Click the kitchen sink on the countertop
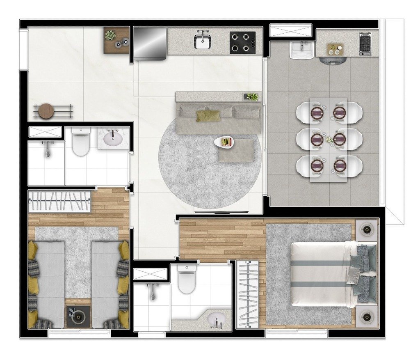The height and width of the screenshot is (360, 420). coord(202,41)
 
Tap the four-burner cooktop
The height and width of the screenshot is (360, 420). coord(242,42)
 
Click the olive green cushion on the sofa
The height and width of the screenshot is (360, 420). coord(208,115)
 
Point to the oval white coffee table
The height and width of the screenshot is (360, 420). coord(225,142)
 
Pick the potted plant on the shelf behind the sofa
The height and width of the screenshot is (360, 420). coord(251,97)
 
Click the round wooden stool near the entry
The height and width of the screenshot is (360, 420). coord(46,111)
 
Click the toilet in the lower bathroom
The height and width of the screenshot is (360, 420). coord(187,279)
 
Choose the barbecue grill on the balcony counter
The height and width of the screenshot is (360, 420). coord(365,44)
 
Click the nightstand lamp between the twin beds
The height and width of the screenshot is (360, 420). coord(78,317)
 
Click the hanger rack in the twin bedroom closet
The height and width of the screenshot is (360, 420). coord(59,202)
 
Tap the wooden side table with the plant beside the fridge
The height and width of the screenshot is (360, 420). coord(116,40)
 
